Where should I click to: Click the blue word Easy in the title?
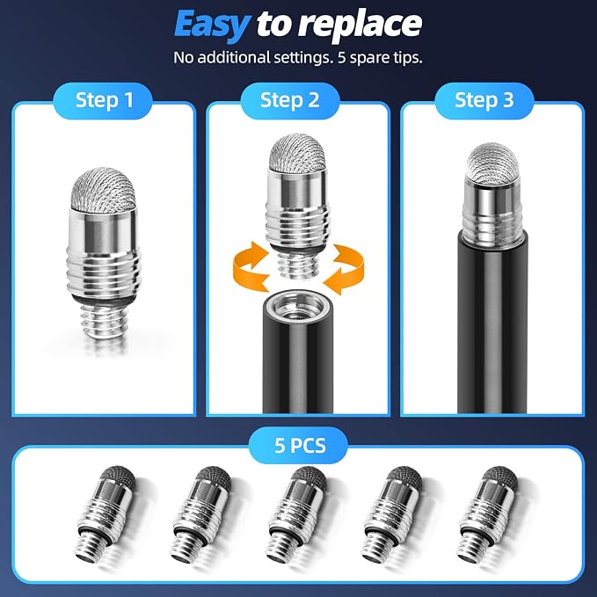point(213,25)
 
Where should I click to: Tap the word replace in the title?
point(360,25)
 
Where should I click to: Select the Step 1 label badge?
point(103,100)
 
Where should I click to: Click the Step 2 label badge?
point(290,100)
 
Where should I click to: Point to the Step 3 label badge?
point(484,100)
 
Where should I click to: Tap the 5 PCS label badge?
point(299,445)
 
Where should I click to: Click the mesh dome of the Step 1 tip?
point(103,190)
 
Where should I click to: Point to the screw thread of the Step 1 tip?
point(104,323)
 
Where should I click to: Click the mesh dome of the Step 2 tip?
point(298,153)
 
